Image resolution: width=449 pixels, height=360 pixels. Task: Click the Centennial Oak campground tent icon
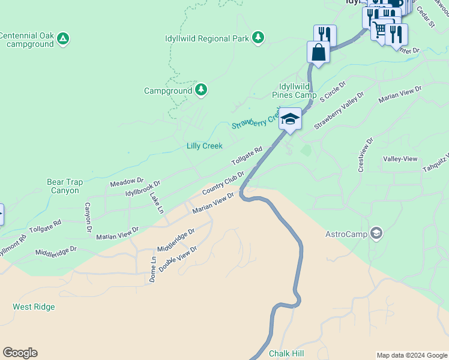[x=63, y=40]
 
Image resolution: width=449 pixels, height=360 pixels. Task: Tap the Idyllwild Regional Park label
[x=207, y=38]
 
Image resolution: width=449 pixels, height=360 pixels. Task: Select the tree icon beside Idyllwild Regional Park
[x=258, y=38]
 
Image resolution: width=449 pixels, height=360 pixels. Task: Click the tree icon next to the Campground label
[x=201, y=91]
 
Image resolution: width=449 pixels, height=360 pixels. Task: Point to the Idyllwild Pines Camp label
[x=294, y=91]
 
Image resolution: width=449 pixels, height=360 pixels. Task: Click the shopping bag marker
[x=318, y=52]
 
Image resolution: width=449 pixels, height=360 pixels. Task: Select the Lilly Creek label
[x=204, y=146]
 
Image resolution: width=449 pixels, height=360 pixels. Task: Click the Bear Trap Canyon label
[x=63, y=186]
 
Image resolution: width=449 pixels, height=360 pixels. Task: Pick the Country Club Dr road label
[x=223, y=183]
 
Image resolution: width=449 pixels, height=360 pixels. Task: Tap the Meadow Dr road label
[x=127, y=180]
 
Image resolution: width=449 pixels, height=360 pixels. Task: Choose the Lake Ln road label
[x=157, y=203]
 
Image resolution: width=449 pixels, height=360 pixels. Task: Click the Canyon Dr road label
[x=88, y=217]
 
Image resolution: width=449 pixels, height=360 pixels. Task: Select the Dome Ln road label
[x=152, y=269]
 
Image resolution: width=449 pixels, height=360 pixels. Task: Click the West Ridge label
[x=34, y=307]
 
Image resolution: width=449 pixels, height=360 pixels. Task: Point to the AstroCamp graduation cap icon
[x=376, y=233]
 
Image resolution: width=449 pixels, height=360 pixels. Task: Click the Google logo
[x=20, y=353]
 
